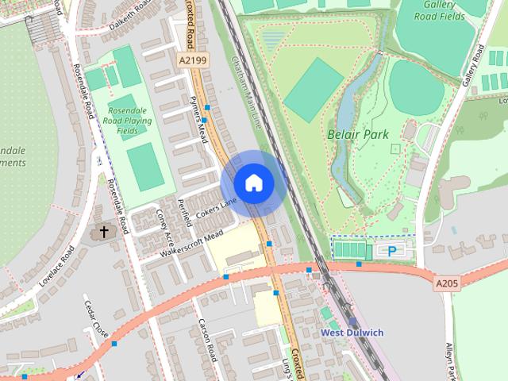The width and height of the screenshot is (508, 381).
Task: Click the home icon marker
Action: (x=253, y=183)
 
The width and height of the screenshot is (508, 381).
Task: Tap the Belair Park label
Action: (x=358, y=134)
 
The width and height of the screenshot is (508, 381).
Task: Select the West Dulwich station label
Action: (x=352, y=332)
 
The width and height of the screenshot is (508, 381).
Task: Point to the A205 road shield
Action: (x=447, y=282)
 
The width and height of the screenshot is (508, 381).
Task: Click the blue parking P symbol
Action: (x=392, y=251)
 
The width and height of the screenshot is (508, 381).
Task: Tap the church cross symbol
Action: (x=103, y=233)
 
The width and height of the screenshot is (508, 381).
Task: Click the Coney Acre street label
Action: (x=166, y=226)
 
